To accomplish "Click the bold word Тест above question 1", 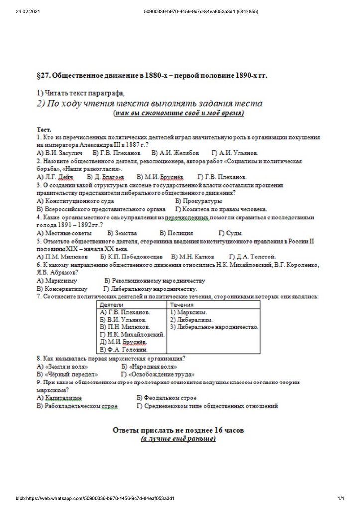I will point(45,129).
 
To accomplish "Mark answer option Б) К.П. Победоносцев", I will point(131,256).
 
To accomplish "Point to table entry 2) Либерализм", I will point(192,319).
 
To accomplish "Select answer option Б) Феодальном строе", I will point(166,398).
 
